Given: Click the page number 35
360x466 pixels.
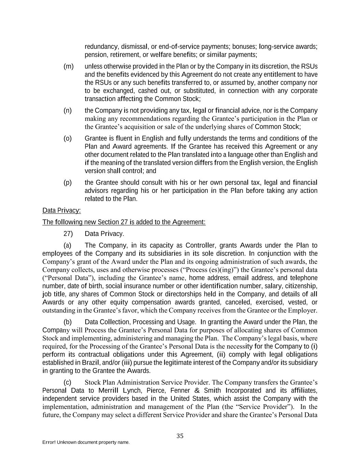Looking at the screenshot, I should point(180,436).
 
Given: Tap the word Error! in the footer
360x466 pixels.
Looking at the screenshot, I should point(49,442).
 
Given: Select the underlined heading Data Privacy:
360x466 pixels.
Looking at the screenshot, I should point(61,210).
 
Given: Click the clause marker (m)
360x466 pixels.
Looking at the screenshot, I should point(69,66).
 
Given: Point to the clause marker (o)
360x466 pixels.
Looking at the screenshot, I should point(68,138).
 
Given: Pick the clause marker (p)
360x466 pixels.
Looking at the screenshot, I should point(68,182).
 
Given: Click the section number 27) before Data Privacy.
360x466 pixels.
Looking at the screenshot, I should point(68,234).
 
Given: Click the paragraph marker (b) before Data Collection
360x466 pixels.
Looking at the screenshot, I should point(68,322).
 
